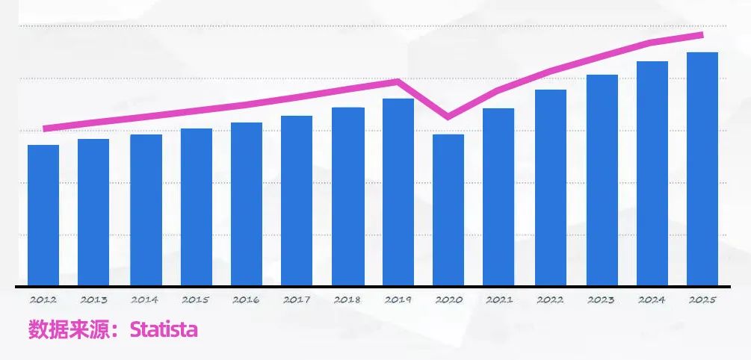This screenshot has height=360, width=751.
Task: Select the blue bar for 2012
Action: [43, 215]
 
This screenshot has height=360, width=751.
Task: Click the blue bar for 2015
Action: [197, 207]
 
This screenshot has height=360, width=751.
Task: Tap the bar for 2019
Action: [398, 192]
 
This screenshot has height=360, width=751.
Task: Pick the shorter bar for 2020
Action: [448, 210]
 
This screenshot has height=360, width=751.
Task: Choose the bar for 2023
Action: [602, 180]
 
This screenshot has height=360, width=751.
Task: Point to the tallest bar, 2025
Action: [702, 169]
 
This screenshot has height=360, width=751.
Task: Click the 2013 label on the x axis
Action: [93, 300]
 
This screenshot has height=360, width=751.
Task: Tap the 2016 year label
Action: [246, 300]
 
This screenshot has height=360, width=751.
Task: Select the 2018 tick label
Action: [347, 300]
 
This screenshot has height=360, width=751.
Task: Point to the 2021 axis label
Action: [499, 300]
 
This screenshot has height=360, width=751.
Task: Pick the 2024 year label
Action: [652, 300]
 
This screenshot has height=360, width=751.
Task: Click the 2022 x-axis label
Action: [550, 300]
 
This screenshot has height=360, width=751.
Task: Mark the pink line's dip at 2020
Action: [448, 117]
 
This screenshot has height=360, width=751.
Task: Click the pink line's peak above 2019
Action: [398, 81]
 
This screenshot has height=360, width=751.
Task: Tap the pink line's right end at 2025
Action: [702, 34]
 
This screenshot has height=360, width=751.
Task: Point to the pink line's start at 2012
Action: [46, 128]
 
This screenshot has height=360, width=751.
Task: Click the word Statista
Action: [164, 329]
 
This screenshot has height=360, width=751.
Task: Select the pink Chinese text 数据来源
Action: [70, 329]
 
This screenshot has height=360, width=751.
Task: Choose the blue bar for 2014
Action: [146, 210]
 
